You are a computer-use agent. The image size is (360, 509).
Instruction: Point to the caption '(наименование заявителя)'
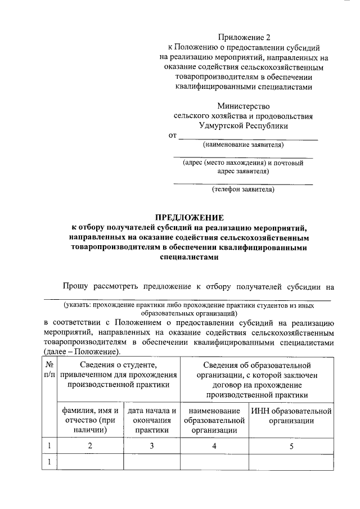[x=244, y=145]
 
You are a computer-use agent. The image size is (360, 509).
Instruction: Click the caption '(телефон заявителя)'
[x=243, y=190]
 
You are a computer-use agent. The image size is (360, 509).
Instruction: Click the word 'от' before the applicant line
[x=173, y=136]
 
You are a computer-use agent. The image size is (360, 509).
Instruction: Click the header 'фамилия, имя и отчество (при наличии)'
[x=91, y=420]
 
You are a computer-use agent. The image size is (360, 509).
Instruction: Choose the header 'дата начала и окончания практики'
[x=152, y=420]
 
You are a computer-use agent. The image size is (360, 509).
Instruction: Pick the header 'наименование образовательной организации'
[x=214, y=420]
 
